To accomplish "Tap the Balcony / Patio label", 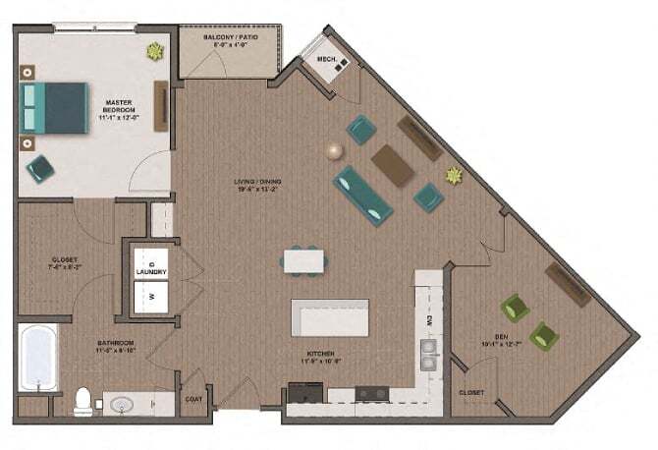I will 231,40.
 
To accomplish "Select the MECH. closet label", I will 328,60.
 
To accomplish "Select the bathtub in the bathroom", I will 37,358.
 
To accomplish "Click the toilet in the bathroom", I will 85,400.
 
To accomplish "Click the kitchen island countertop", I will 330,317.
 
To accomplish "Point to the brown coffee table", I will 391,164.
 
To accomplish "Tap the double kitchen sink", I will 428,352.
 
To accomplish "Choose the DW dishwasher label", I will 429,320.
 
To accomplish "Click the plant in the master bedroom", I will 155,51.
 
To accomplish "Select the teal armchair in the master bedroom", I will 40,167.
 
